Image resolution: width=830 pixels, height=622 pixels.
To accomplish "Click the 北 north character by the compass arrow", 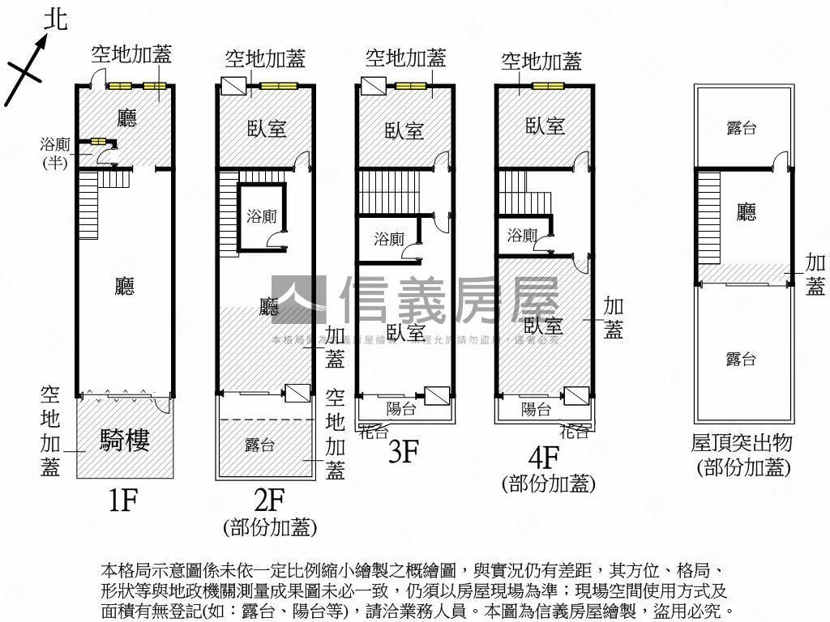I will pyautogui.click(x=55, y=19).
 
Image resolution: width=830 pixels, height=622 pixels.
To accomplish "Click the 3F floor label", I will pyautogui.click(x=403, y=451).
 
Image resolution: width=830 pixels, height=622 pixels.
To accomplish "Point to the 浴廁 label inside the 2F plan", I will pyautogui.click(x=262, y=216).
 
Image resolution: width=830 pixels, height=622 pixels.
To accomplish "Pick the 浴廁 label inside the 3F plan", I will pyautogui.click(x=389, y=239).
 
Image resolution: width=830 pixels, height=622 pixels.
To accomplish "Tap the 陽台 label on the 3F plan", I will pyautogui.click(x=400, y=409).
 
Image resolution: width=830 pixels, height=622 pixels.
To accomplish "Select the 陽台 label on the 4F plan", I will pyautogui.click(x=536, y=409).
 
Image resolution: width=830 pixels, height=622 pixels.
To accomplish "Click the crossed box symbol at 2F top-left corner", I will pyautogui.click(x=232, y=87).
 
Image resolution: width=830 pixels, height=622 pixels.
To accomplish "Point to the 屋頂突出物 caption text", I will pyautogui.click(x=742, y=443).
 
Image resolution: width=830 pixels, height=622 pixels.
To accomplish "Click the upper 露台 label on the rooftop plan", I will pyautogui.click(x=742, y=128).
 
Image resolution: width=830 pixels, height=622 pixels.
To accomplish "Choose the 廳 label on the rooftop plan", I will pyautogui.click(x=747, y=212).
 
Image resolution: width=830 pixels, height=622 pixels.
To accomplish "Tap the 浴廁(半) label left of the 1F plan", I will pyautogui.click(x=55, y=151).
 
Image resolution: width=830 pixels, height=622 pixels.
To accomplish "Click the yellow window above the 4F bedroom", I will pyautogui.click(x=548, y=86).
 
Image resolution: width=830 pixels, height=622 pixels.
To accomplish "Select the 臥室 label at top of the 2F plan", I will pyautogui.click(x=267, y=129).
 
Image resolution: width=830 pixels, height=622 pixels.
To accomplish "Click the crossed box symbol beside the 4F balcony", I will pyautogui.click(x=576, y=396).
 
